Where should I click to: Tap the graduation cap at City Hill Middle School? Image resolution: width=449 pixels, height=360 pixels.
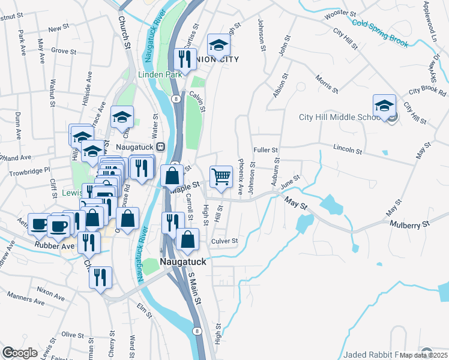(384, 106)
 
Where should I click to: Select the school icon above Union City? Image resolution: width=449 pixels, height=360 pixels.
(219, 45)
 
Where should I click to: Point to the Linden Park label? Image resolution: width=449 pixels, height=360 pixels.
(160, 74)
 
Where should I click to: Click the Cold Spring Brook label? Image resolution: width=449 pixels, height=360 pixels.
(381, 32)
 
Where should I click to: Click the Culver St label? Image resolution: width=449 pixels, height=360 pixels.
(224, 241)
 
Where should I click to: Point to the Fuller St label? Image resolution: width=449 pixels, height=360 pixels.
(266, 150)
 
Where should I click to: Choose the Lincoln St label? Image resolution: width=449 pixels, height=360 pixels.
(348, 147)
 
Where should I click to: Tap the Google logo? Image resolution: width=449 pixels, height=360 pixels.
(20, 353)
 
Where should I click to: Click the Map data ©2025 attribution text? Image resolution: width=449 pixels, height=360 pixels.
(424, 355)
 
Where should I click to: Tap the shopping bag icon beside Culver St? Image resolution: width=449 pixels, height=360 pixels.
(188, 239)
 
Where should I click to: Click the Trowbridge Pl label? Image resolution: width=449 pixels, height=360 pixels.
(27, 172)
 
